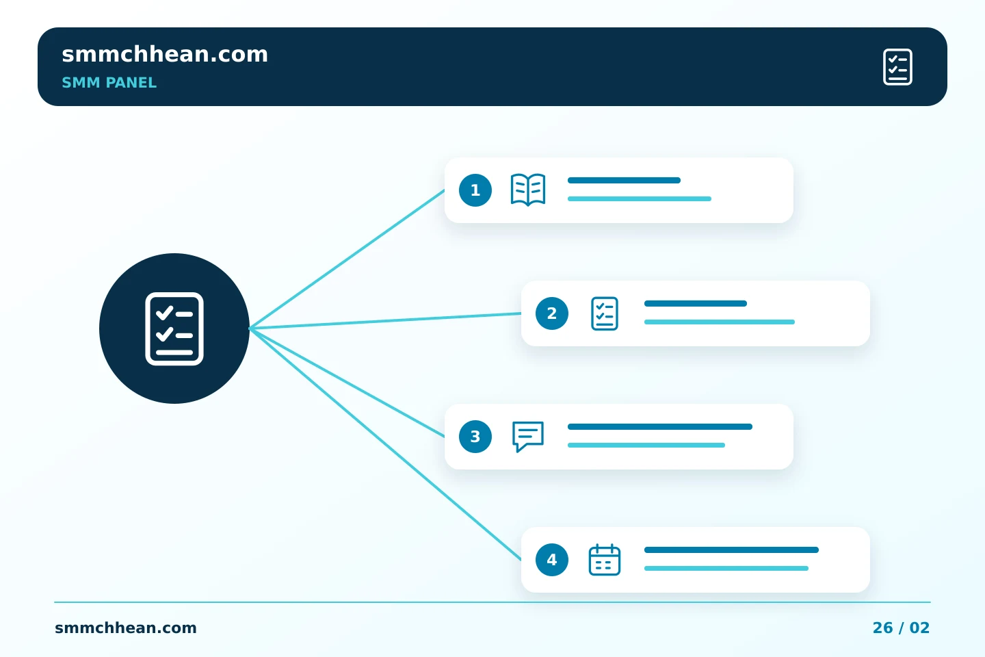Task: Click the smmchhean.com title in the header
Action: [x=165, y=55]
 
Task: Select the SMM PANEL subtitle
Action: [x=109, y=83]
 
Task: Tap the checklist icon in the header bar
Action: [x=897, y=67]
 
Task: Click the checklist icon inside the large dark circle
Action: [x=174, y=328]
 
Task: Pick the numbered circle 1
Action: [x=475, y=190]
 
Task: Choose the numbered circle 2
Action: [x=552, y=313]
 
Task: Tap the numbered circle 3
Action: [x=475, y=437]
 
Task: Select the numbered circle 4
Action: [x=552, y=560]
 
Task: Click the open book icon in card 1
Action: [x=528, y=190]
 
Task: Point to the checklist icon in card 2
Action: [x=605, y=313]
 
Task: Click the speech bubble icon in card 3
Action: [x=528, y=437]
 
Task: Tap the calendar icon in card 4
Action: [x=605, y=560]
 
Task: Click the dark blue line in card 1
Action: [x=624, y=180]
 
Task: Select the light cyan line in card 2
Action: [x=720, y=322]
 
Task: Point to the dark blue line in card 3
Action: [x=660, y=426]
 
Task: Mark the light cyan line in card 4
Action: [x=726, y=569]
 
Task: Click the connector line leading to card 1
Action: [x=347, y=259]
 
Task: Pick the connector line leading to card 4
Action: [x=385, y=444]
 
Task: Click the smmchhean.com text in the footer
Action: [x=126, y=628]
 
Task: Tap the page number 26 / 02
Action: [x=901, y=628]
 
